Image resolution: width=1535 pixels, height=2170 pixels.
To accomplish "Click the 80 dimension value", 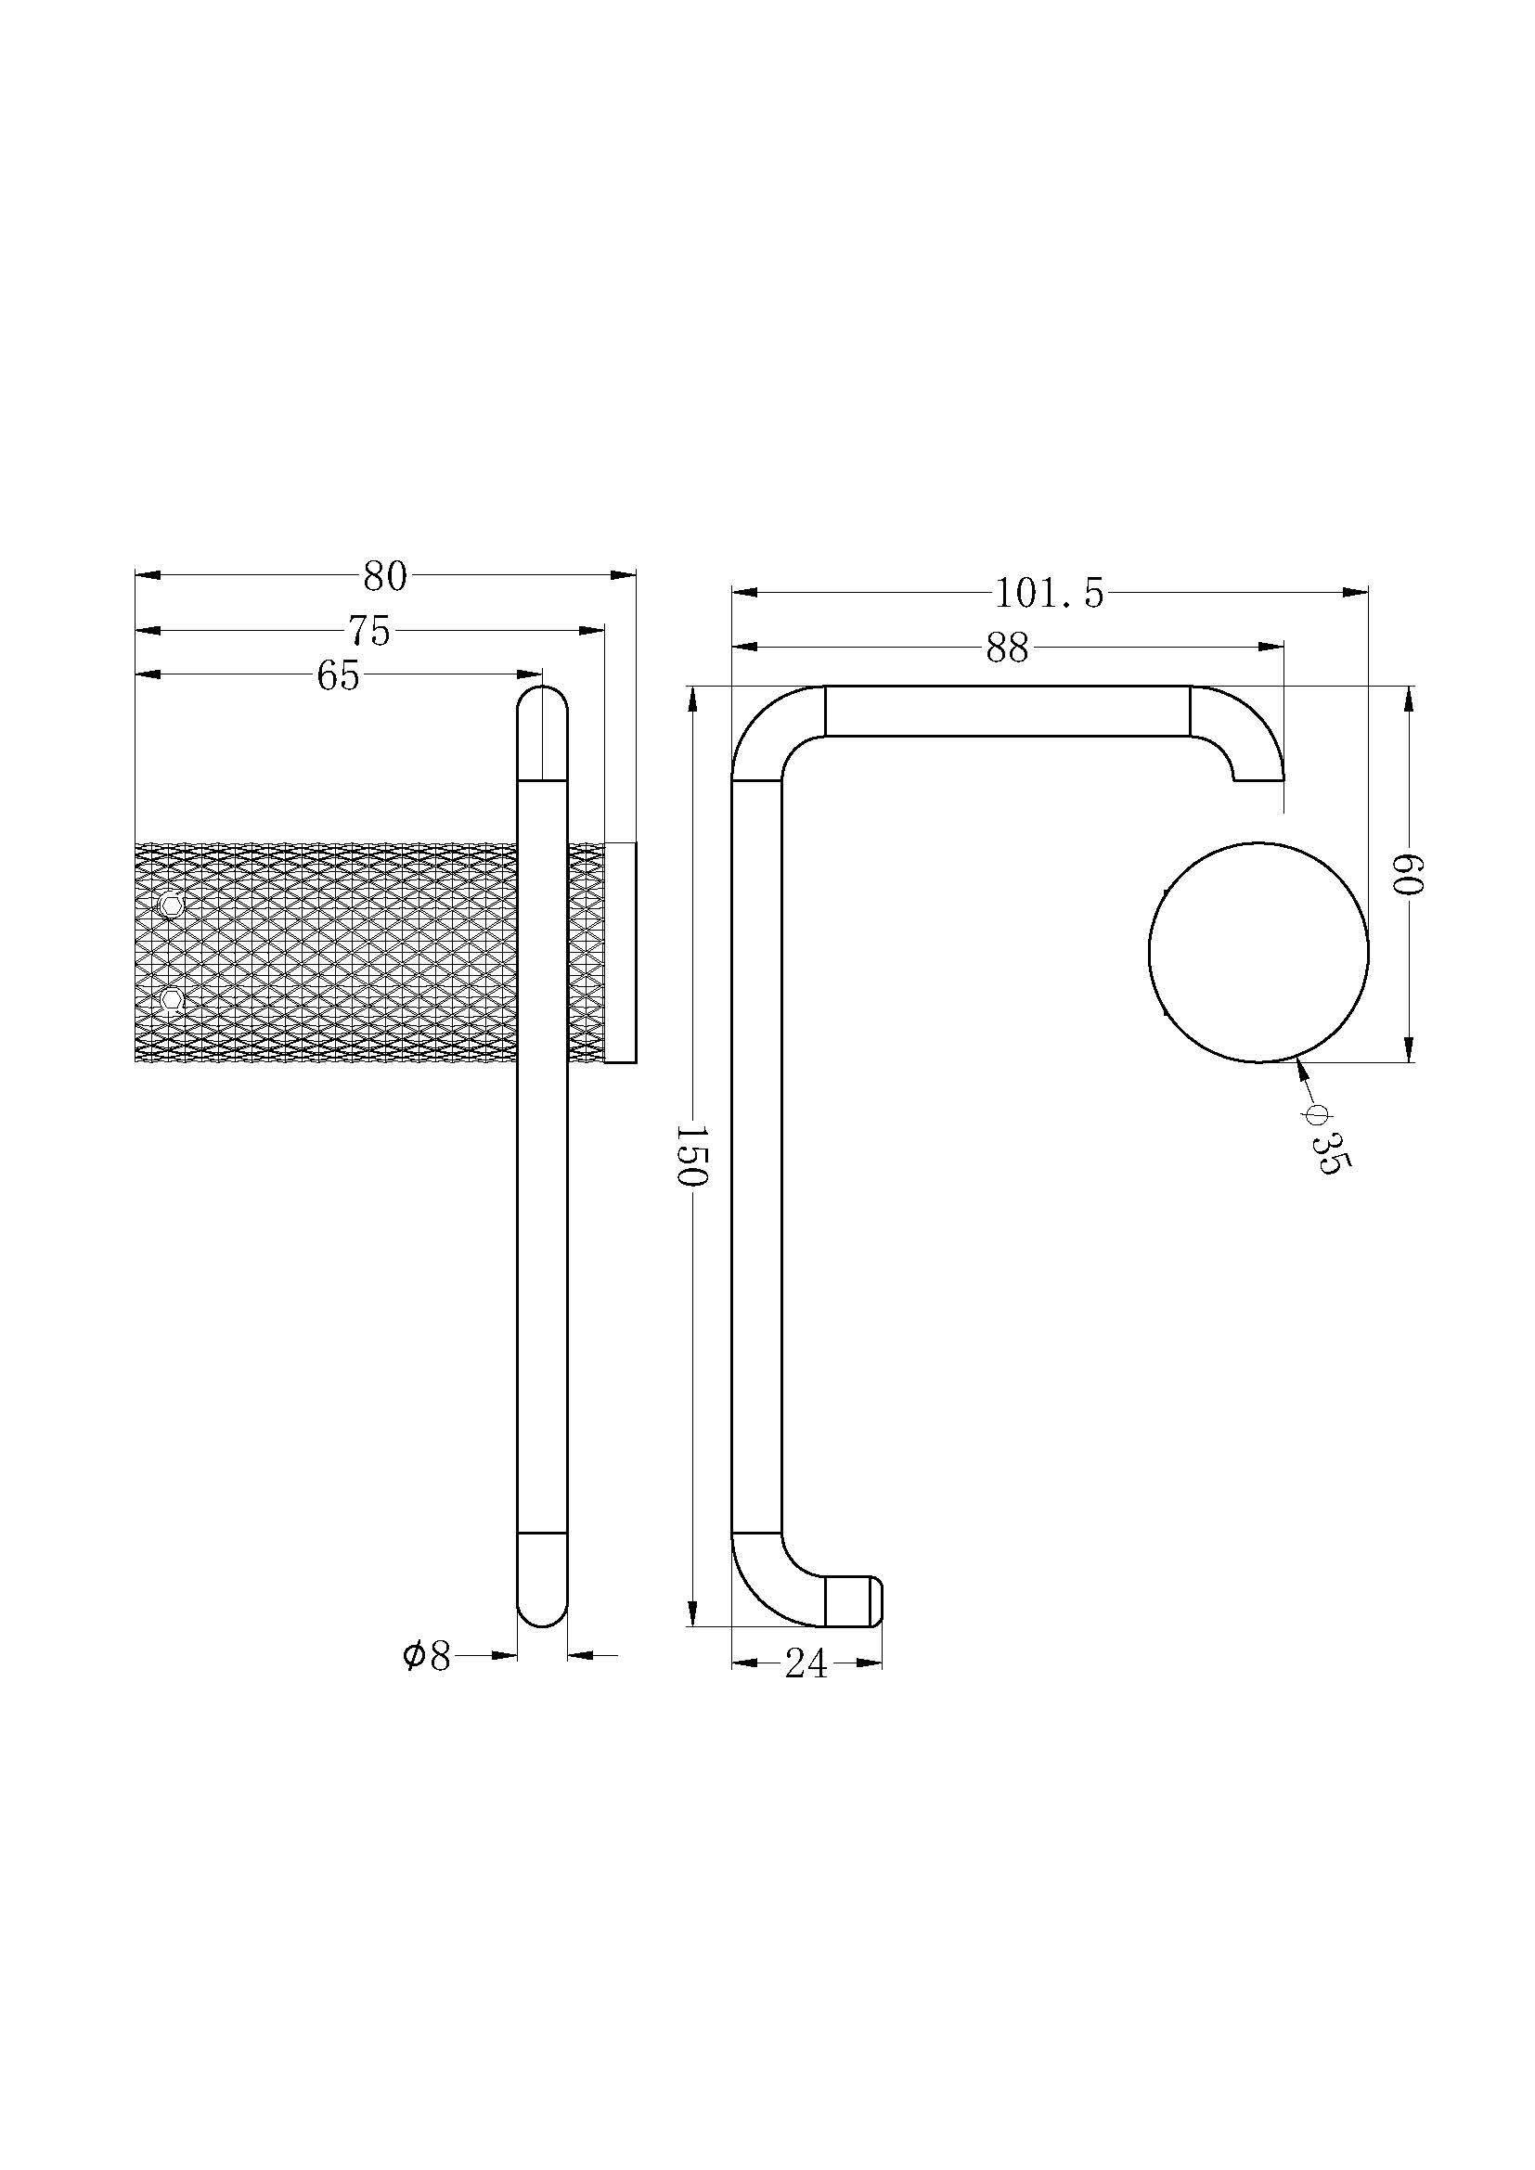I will [385, 576].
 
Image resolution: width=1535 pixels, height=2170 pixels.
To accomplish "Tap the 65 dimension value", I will [339, 675].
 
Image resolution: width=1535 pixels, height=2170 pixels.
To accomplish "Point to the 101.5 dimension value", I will [1050, 595].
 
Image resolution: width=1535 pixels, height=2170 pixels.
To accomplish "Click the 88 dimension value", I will [1007, 649].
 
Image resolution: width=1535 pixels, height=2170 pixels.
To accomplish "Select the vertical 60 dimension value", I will [1410, 874].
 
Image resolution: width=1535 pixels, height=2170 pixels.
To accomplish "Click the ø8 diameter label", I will [426, 1656].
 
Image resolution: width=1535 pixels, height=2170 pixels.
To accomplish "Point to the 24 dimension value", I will [806, 1664].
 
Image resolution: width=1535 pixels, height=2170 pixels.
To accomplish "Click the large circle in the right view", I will [1258, 952].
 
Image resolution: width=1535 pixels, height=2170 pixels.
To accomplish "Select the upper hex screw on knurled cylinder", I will [170, 905].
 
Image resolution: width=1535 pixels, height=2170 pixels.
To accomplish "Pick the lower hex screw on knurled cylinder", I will [170, 999].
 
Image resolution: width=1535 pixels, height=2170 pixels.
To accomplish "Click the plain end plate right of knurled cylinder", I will [620, 953].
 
